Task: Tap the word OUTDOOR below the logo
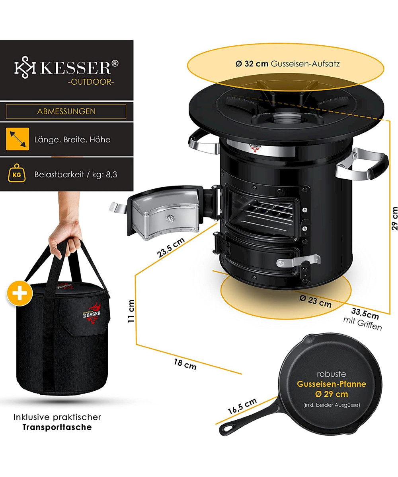click(x=91, y=82)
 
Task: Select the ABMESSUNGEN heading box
click(x=66, y=111)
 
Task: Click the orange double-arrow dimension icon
click(x=18, y=139)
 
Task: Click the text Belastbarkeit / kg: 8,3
click(x=76, y=175)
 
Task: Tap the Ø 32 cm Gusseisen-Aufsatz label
click(x=287, y=64)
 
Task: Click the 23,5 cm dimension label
click(x=171, y=248)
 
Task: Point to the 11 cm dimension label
click(x=131, y=311)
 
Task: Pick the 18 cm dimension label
click(x=185, y=365)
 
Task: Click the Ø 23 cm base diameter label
click(x=315, y=302)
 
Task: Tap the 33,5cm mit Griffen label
click(x=363, y=319)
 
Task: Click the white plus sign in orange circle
click(x=19, y=293)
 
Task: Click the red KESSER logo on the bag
click(x=92, y=313)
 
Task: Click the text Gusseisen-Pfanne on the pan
click(x=332, y=384)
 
